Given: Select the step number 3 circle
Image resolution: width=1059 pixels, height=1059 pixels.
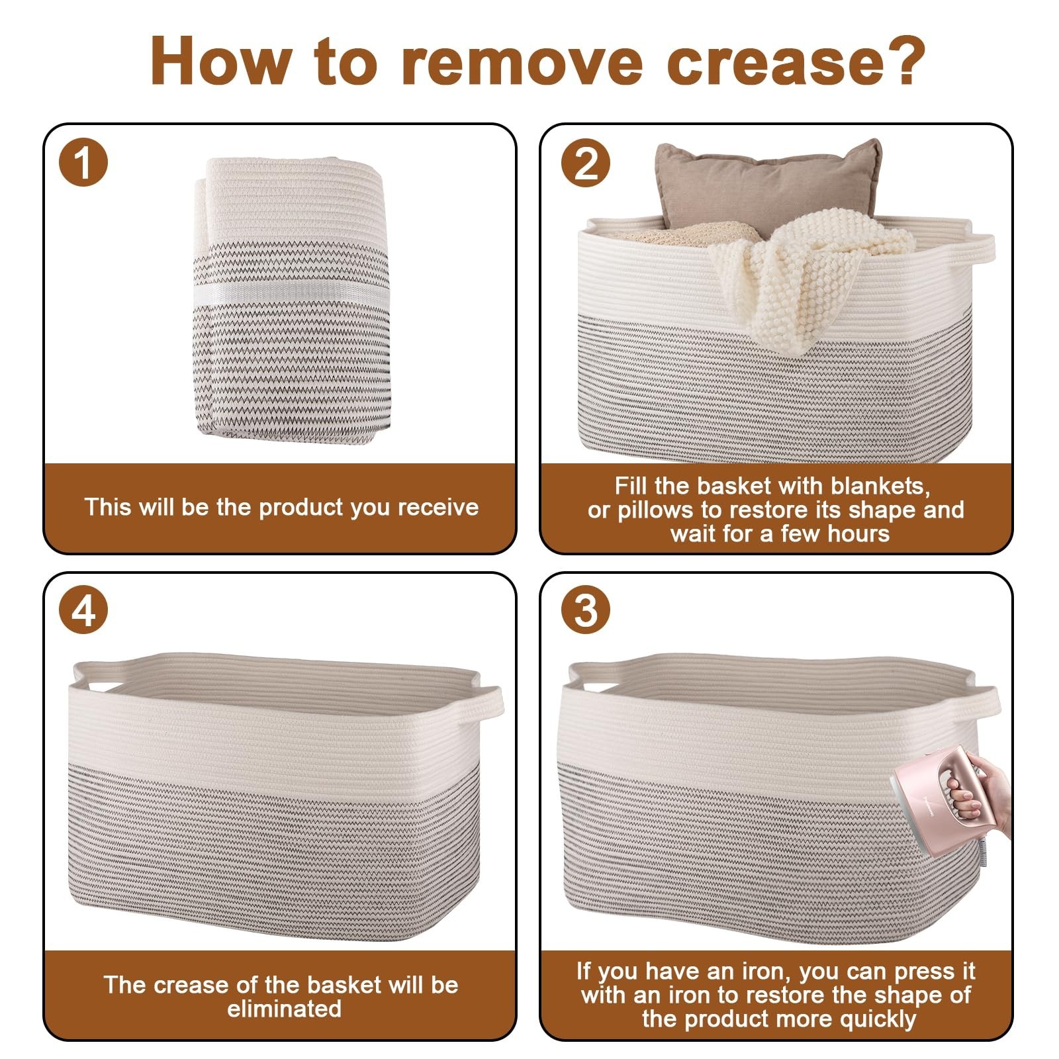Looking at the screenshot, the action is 586,610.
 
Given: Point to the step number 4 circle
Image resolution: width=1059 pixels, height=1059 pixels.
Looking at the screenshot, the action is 83,610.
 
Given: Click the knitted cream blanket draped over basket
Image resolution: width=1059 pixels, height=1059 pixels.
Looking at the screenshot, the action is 821,278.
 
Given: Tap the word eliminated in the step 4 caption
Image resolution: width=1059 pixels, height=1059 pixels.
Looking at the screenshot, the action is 284,1009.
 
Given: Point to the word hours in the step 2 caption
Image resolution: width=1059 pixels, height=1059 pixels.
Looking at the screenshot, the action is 857,533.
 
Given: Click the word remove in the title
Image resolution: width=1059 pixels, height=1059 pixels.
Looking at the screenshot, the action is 523,61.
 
